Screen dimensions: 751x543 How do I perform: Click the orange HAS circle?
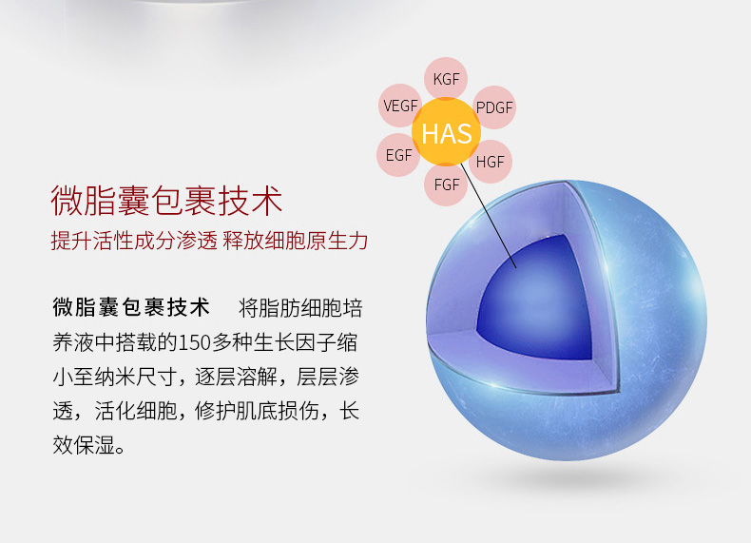click(447, 132)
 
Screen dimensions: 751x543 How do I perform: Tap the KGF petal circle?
click(446, 77)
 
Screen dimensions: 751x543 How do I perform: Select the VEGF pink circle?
click(399, 106)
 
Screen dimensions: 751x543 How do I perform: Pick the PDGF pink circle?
click(494, 107)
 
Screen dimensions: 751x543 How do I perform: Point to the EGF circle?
click(397, 155)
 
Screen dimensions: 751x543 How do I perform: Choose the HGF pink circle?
click(491, 162)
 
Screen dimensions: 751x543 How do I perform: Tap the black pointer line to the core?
click(489, 215)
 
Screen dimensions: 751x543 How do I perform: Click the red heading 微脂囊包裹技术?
click(166, 201)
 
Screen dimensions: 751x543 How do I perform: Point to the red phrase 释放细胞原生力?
click(296, 240)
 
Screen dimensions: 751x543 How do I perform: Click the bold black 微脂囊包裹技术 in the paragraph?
click(131, 307)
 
